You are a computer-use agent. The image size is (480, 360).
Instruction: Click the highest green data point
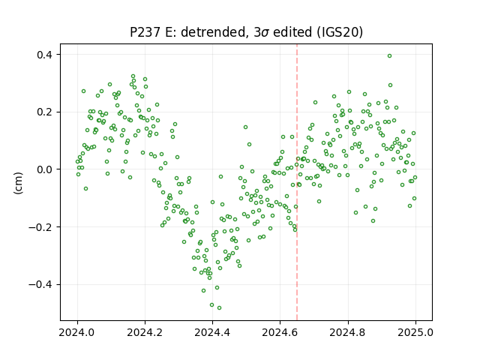(x=389, y=55)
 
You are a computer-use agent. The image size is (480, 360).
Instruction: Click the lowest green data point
(x=219, y=307)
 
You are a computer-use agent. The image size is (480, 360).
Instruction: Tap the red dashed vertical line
(x=297, y=182)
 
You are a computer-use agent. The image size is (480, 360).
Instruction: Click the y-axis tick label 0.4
(x=44, y=55)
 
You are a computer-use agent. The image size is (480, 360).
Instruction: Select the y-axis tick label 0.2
(x=44, y=112)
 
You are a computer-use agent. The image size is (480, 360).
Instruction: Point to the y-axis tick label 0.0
(x=44, y=169)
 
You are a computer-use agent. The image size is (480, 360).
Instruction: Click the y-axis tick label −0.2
(x=40, y=227)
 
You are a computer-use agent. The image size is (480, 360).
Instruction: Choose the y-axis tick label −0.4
(x=40, y=285)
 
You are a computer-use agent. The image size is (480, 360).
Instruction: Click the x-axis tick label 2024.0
(x=77, y=332)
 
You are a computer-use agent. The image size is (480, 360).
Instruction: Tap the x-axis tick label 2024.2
(x=145, y=332)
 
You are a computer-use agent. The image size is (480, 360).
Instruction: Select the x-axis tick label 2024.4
(x=212, y=332)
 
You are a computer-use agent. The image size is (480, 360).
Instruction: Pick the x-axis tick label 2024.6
(x=280, y=332)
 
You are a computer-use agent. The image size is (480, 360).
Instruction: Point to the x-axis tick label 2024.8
(x=347, y=332)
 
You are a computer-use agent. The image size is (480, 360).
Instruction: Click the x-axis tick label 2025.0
(x=415, y=332)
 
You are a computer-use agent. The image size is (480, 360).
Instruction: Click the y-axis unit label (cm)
(x=18, y=183)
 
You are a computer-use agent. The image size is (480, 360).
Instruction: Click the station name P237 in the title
(x=145, y=31)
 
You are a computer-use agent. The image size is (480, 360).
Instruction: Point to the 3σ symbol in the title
(x=262, y=31)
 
